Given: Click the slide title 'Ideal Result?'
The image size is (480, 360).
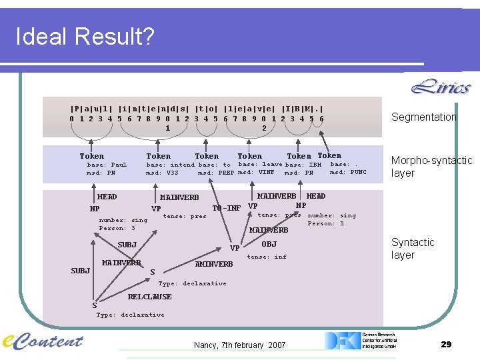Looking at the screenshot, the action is pos(85,37).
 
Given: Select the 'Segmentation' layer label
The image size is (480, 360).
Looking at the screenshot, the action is pos(424,117).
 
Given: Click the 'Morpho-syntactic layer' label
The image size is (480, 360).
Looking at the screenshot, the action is pos(431,167).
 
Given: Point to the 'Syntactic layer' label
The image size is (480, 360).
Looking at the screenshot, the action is pos(413,249).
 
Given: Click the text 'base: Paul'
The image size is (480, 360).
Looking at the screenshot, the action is pos(107,165).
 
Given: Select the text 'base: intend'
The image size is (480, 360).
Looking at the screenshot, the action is pos(170,165).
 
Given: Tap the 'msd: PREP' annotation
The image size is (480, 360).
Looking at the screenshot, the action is pos(215,173).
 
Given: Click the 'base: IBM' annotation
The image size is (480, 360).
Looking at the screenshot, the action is pos(303,165).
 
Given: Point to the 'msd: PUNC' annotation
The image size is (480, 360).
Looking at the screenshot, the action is pos(348,172).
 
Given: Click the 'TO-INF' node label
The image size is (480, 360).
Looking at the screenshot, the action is pos(226,209).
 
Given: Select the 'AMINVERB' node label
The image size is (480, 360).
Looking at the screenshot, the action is pos(214,264).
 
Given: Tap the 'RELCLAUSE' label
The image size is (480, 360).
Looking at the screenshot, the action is pos(149,297).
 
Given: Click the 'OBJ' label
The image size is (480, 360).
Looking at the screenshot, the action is pos(269,244).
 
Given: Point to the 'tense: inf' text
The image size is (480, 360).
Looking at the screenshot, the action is pos(267,257).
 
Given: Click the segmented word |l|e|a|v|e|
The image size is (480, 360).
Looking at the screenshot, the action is pos(249,108).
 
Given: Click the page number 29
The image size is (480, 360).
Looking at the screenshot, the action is pos(446,344).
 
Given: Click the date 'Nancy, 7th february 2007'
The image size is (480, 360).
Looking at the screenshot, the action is pos(239,345).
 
